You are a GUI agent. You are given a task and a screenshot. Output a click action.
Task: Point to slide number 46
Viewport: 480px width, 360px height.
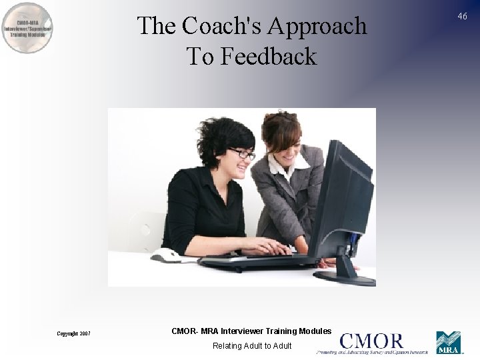(x=462, y=16)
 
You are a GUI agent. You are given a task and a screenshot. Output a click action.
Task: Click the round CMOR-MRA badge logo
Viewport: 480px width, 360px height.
(x=27, y=28)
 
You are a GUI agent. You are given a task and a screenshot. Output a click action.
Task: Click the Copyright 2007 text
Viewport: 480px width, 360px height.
(x=73, y=333)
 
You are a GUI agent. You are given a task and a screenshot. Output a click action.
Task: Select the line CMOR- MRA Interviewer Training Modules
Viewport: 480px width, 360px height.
(x=251, y=331)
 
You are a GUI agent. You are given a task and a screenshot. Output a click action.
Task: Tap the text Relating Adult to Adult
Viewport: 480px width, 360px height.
(x=252, y=345)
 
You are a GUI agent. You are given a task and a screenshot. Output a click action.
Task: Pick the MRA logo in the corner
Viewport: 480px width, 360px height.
(x=448, y=342)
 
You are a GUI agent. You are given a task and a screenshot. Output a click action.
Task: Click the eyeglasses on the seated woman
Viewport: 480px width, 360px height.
(x=242, y=153)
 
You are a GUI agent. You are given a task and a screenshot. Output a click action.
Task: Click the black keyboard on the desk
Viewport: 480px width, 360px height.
(x=253, y=260)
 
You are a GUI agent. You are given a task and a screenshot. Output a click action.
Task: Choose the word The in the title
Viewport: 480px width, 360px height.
(x=157, y=26)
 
